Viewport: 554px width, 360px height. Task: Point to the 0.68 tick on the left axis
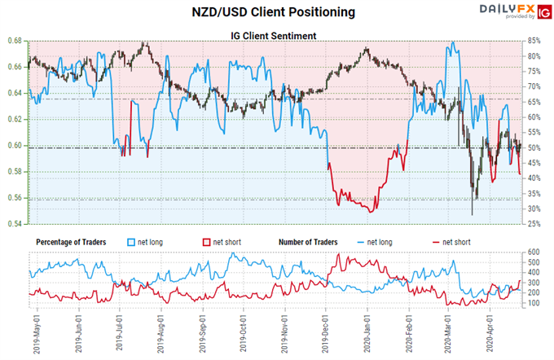(x=15, y=41)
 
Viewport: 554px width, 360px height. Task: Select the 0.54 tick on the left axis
(x=15, y=224)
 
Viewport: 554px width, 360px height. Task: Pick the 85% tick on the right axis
(x=534, y=41)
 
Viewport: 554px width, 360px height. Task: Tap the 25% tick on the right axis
(x=534, y=224)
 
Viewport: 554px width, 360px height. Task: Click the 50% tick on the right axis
(x=534, y=147)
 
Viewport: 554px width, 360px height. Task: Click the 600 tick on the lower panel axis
(x=534, y=252)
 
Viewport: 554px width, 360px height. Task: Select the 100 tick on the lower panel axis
(x=534, y=303)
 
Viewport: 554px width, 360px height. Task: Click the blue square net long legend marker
(x=134, y=242)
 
